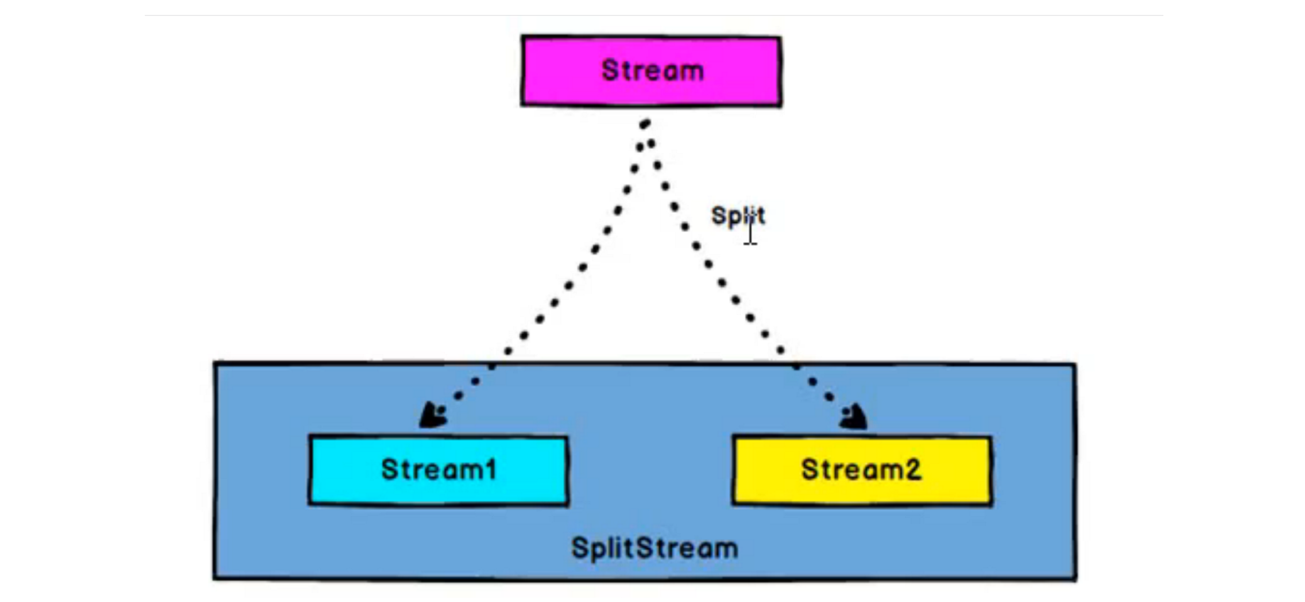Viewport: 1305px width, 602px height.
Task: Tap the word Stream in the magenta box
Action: pos(652,70)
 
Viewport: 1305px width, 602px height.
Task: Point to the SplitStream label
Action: pos(654,548)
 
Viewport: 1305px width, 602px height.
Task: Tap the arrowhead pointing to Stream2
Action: pos(853,417)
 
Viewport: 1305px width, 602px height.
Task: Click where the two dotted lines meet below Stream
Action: pos(645,124)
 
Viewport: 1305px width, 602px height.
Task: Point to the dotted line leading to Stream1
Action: pos(569,286)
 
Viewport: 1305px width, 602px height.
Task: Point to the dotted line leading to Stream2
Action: pos(722,282)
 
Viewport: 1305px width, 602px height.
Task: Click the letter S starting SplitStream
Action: pos(580,548)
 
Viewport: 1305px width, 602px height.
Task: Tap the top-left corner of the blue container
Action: pos(215,363)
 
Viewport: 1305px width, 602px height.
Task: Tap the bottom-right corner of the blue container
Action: pos(1075,578)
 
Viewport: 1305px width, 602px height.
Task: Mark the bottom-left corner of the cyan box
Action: pos(310,503)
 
